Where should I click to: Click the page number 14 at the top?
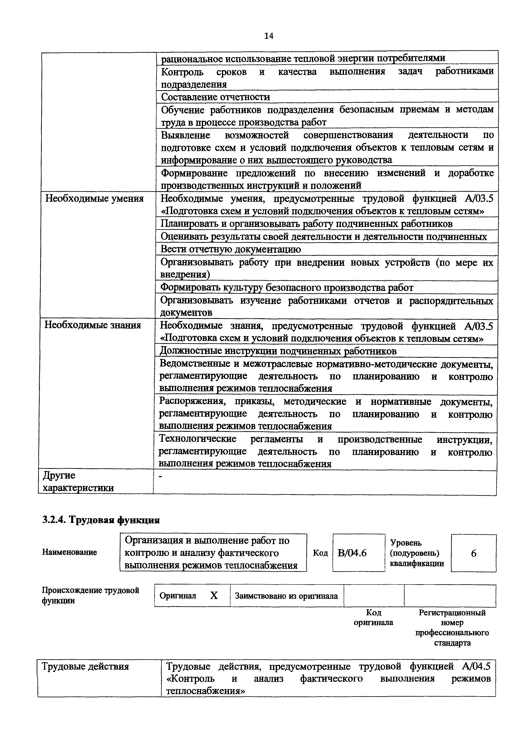pyautogui.click(x=269, y=36)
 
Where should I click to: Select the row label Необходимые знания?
pyautogui.click(x=93, y=325)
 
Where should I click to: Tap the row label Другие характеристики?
pyautogui.click(x=78, y=482)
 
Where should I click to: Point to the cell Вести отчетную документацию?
pyautogui.click(x=231, y=249)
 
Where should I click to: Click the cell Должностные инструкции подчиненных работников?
pyautogui.click(x=278, y=351)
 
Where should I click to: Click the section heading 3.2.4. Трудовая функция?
pyautogui.click(x=101, y=520)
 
